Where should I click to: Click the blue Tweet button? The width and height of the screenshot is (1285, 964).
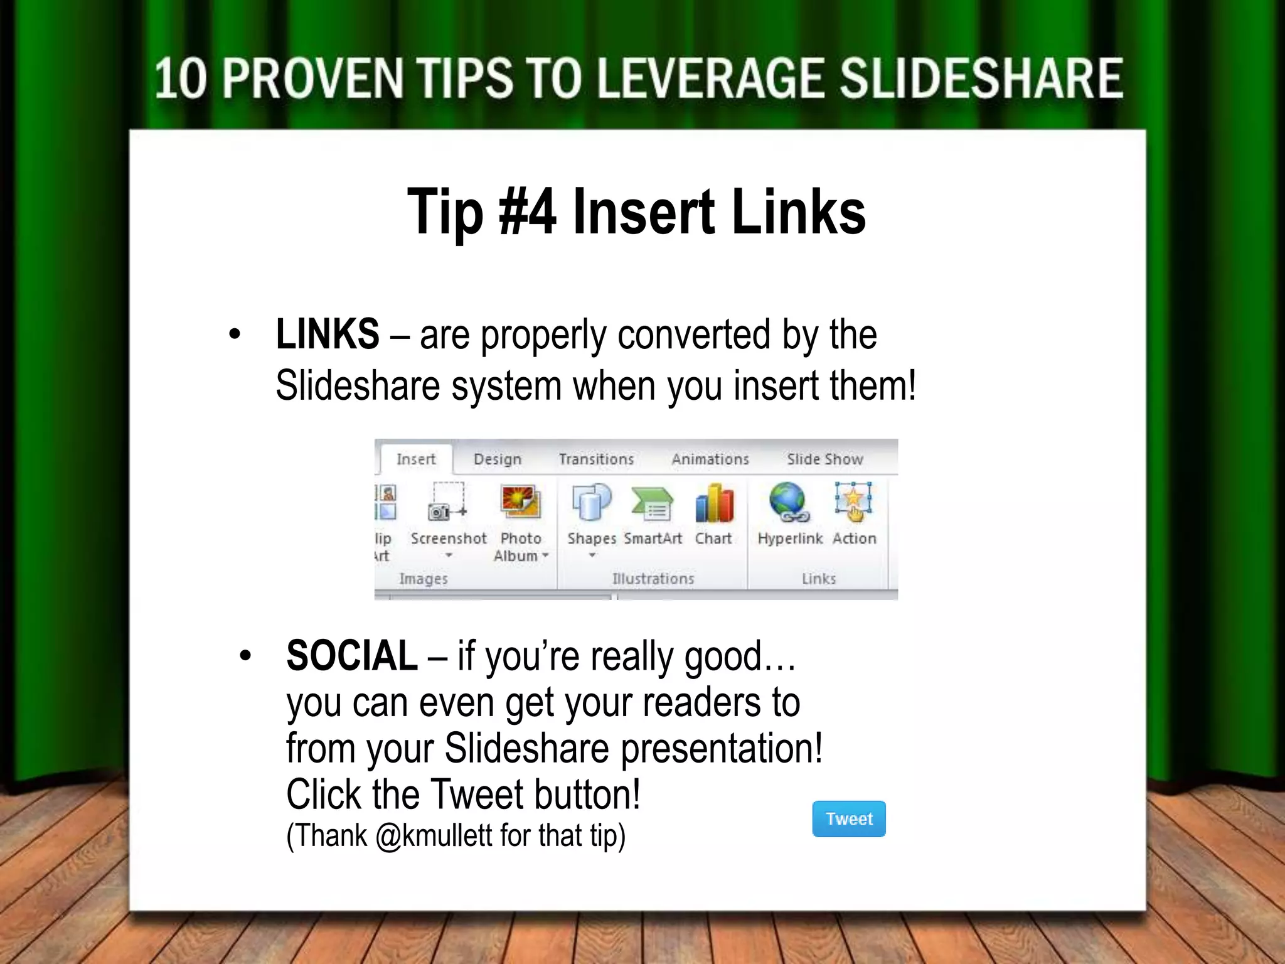point(848,818)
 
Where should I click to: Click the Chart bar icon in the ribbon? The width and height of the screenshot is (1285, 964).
point(714,503)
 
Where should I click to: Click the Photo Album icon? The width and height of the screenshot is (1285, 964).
point(521,502)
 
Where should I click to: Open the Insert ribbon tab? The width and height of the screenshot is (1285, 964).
point(416,459)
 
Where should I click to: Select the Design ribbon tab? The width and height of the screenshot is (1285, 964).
point(498,459)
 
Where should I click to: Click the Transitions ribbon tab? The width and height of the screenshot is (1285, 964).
point(596,459)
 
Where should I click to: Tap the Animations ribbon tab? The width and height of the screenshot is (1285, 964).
point(710,459)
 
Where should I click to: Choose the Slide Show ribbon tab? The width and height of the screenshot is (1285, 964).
point(825,459)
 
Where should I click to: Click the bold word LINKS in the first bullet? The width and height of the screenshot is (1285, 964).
point(328,334)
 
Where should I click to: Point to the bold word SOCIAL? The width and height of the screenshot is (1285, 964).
point(352,656)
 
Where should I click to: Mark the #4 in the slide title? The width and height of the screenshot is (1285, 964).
point(527,212)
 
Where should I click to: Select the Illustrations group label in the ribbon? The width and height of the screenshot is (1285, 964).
point(653,579)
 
